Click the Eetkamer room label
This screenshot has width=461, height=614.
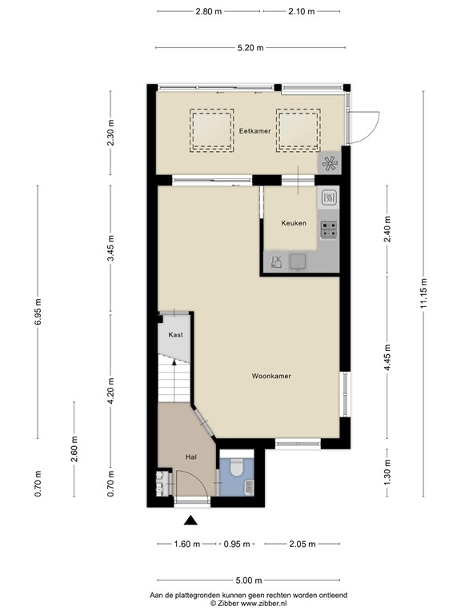tap(255, 131)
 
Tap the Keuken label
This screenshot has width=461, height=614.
tap(294, 223)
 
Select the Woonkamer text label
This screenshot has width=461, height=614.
tap(271, 376)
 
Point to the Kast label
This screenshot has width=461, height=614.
tap(175, 335)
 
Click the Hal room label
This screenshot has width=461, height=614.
tap(191, 457)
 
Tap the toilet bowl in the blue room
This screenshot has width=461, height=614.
tap(236, 468)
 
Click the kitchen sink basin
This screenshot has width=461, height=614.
tap(299, 261)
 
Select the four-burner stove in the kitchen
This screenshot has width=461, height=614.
tap(328, 230)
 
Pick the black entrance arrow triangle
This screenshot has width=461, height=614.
tap(190, 520)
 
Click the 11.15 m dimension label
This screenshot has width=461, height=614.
tap(423, 293)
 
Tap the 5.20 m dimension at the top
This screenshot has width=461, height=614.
tap(251, 48)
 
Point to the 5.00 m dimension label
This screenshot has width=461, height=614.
tap(249, 580)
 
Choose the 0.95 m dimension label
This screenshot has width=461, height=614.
tap(237, 544)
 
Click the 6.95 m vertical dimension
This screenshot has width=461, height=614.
tap(38, 312)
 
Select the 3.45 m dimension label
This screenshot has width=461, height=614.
tap(111, 249)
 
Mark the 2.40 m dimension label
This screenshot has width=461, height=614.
tap(387, 229)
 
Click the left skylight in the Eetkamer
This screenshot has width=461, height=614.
tap(211, 130)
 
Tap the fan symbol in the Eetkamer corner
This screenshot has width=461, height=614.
tap(329, 164)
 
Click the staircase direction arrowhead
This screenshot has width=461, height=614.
tap(174, 364)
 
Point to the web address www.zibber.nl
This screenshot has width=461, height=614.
tap(263, 604)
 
